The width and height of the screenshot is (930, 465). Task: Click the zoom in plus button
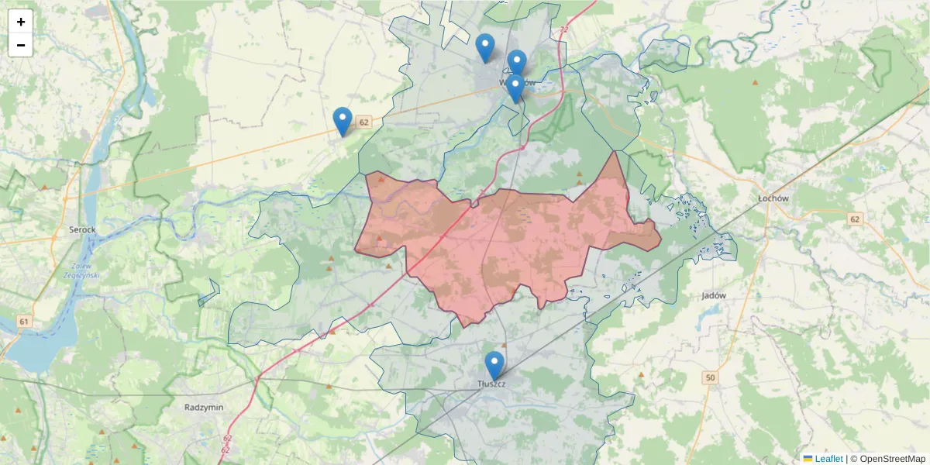point(21,22)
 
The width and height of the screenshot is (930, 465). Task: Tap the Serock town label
point(81,230)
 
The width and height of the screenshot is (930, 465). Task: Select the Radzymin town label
point(204,407)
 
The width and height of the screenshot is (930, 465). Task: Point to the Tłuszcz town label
point(492,384)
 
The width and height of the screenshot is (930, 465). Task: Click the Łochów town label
point(773,198)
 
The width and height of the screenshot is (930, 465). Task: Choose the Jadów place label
point(713,295)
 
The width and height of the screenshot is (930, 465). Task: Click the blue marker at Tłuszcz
point(494,365)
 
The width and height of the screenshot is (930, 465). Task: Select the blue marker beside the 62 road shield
point(343,121)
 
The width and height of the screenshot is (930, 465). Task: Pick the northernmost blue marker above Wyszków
point(485,47)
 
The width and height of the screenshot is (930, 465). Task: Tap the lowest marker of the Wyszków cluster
point(515,88)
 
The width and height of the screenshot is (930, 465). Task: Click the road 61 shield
point(26,322)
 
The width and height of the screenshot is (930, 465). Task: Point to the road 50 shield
point(710,377)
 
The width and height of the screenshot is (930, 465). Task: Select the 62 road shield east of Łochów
point(855,219)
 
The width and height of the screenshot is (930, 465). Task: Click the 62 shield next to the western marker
point(364,122)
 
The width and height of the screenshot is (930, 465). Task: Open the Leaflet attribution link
point(828,459)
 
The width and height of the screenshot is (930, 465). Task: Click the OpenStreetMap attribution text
point(887,459)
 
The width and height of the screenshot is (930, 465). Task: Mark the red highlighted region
point(511,240)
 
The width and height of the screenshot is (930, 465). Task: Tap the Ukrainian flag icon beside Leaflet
point(808,459)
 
